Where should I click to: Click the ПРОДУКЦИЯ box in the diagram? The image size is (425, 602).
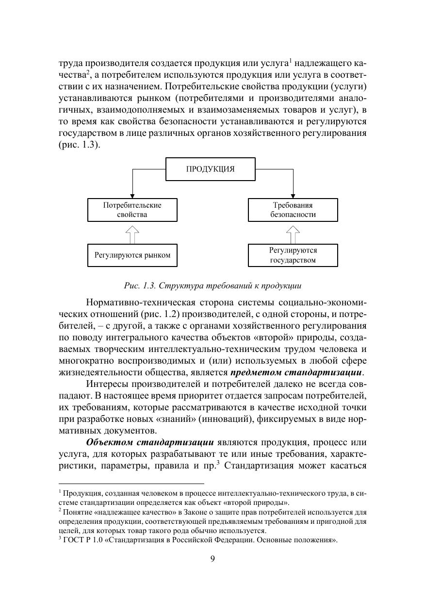pyautogui.click(x=211, y=169)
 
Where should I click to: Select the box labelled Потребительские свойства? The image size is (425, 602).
pyautogui.click(x=132, y=210)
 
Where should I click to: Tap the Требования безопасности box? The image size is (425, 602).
pyautogui.click(x=293, y=210)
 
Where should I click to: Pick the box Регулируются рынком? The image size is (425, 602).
pyautogui.click(x=132, y=255)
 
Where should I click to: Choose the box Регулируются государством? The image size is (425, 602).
pyautogui.click(x=293, y=255)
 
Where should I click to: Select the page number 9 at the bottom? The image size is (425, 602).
pyautogui.click(x=212, y=558)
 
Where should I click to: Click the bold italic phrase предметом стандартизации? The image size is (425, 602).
pyautogui.click(x=297, y=373)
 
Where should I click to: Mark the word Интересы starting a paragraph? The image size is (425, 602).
pyautogui.click(x=107, y=385)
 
